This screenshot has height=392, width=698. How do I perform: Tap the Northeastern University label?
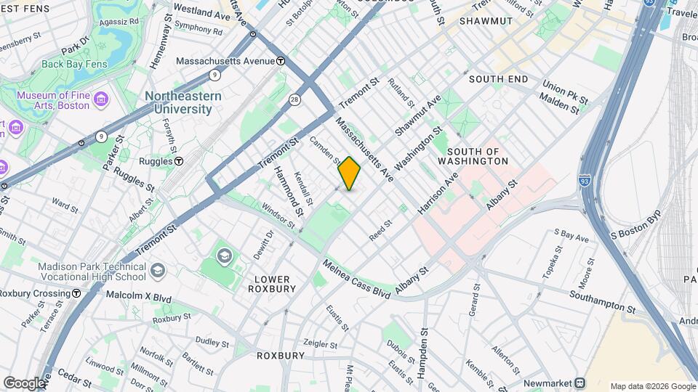tap(178, 103)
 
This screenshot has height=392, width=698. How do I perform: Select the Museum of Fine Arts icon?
tap(101, 98)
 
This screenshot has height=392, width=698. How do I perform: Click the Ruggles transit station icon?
tap(179, 161)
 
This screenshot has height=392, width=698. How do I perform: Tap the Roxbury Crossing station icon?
tap(76, 293)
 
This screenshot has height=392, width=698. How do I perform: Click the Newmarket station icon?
tap(579, 383)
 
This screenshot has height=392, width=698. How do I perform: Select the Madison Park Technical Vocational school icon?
tap(157, 271)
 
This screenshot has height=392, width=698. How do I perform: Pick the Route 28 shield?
tap(294, 99)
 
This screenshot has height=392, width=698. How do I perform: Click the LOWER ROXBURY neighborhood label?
tap(272, 284)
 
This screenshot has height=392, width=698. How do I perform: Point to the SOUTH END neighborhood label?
tap(498, 78)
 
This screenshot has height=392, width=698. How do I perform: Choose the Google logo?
tap(24, 383)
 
